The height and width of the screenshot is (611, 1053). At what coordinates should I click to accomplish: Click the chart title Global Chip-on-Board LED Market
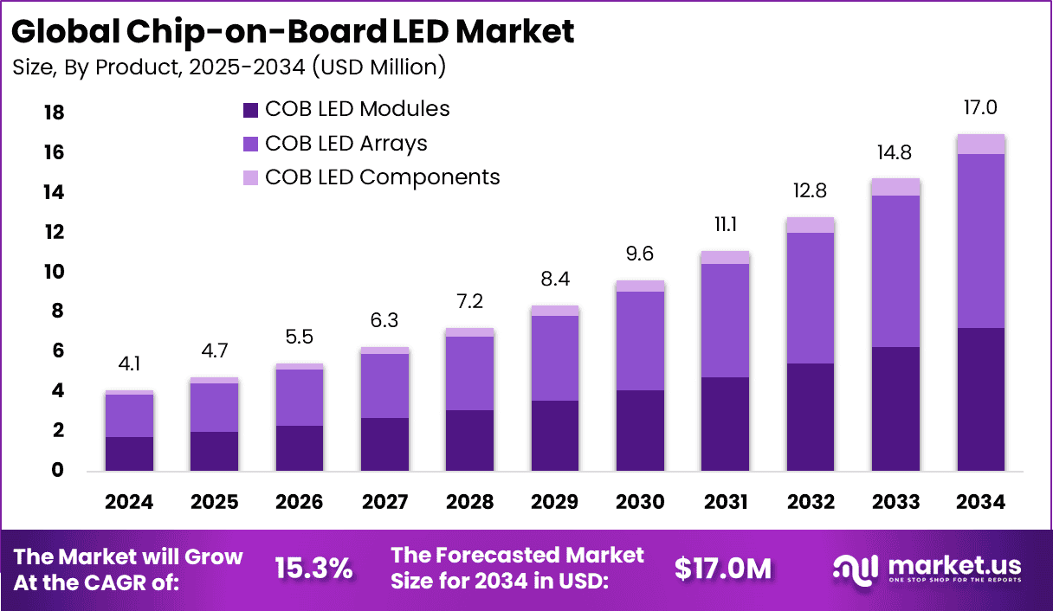(x=293, y=31)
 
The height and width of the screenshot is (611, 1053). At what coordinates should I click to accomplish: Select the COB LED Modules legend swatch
(x=250, y=110)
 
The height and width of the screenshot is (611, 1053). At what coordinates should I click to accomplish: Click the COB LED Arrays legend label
(x=346, y=143)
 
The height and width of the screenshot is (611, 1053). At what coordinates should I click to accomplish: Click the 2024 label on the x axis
(x=130, y=503)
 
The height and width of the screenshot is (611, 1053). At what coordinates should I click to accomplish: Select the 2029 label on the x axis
(x=555, y=503)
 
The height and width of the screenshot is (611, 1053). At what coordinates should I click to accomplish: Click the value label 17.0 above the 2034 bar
(x=980, y=108)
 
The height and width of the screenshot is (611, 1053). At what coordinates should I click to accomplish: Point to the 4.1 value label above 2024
(x=130, y=365)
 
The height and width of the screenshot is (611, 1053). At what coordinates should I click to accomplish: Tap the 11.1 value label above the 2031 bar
(x=725, y=225)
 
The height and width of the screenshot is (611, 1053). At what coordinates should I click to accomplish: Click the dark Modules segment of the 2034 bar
(x=980, y=399)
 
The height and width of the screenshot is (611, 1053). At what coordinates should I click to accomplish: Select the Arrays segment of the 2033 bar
(x=895, y=271)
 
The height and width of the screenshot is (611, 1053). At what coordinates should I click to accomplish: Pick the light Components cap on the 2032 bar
(x=811, y=225)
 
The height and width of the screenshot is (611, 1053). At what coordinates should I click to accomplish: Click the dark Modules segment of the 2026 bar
(x=300, y=447)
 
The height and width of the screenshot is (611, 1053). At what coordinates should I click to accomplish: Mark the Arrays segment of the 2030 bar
(x=640, y=340)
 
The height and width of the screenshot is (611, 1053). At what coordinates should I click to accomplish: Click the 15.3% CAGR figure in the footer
(x=313, y=569)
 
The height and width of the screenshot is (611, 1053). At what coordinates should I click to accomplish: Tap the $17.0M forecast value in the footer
(x=723, y=569)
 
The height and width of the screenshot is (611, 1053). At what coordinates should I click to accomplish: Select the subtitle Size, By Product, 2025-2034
(x=229, y=67)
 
